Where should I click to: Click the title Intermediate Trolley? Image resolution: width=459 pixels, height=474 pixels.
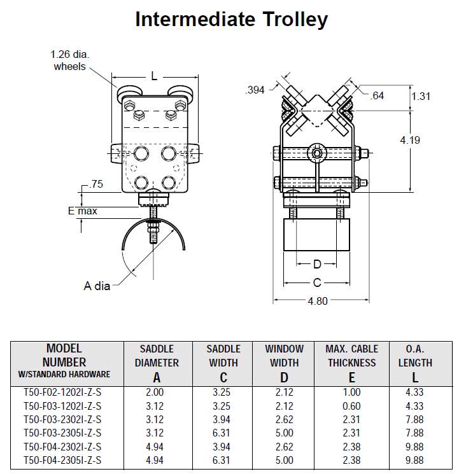click(x=231, y=19)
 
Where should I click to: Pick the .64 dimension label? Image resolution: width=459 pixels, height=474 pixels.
click(x=378, y=95)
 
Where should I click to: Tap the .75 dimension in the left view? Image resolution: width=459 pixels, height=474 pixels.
click(x=96, y=185)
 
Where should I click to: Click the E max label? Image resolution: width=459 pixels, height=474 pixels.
click(x=83, y=211)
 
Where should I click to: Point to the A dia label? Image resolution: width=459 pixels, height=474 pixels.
click(x=97, y=286)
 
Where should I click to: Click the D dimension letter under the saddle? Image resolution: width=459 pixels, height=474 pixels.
click(x=316, y=263)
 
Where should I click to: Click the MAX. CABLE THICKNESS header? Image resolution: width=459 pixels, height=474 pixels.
click(x=351, y=356)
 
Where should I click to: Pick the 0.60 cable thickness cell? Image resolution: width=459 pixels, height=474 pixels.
click(x=351, y=406)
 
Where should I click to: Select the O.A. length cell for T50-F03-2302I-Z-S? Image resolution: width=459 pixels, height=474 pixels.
click(x=415, y=419)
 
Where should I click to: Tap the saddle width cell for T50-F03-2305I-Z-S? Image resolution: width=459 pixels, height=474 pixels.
click(x=223, y=433)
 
